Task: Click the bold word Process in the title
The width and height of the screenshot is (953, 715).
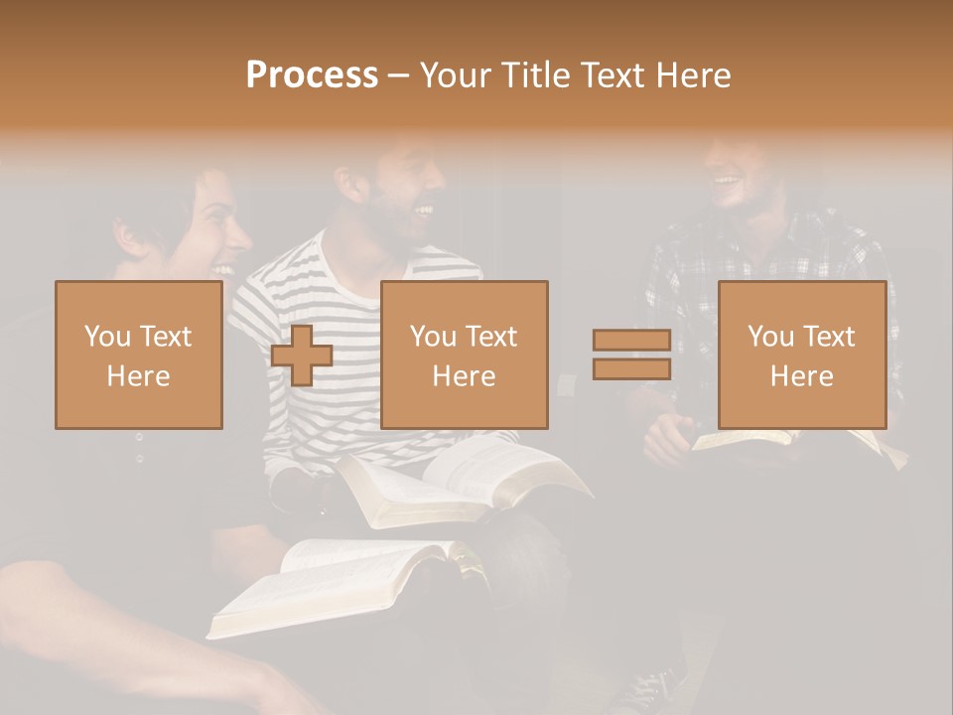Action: [312, 75]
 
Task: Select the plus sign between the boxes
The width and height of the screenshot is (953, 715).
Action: [302, 356]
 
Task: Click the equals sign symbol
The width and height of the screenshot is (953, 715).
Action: [631, 356]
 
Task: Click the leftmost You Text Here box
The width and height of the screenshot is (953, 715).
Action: [138, 356]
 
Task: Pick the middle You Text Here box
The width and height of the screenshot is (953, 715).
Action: [464, 356]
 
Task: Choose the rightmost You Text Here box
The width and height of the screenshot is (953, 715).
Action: [801, 356]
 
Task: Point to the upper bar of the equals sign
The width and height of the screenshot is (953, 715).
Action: [631, 341]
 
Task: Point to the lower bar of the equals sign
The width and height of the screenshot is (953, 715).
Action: [631, 369]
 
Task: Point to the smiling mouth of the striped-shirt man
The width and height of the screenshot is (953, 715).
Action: [423, 210]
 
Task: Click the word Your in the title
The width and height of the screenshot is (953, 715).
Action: [456, 75]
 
